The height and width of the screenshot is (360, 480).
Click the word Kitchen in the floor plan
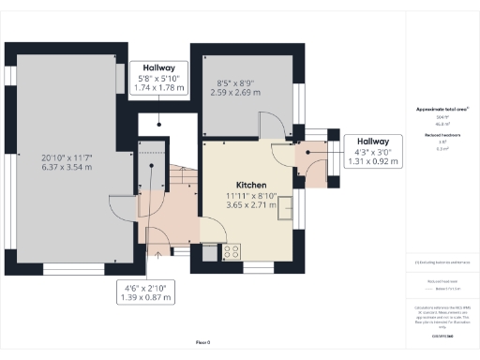(251, 185)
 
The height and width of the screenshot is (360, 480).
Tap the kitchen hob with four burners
(231, 251)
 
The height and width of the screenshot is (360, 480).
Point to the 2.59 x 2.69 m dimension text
(237, 92)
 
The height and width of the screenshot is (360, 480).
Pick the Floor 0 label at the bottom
(202, 342)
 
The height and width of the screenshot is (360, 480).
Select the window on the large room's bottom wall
(73, 269)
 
